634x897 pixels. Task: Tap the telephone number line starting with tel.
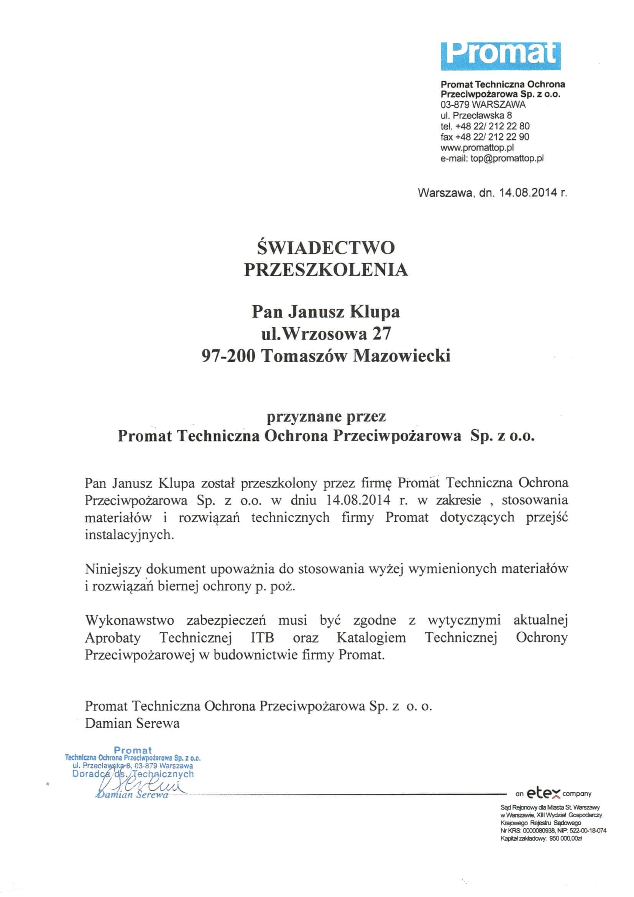pos(485,126)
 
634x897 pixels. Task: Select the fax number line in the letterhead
pos(485,137)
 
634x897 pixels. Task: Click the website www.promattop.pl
pos(477,148)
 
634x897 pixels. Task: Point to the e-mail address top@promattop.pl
pos(507,158)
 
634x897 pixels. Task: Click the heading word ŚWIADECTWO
pos(325,247)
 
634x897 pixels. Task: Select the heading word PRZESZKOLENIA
pos(325,270)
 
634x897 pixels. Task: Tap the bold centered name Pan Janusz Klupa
pos(325,312)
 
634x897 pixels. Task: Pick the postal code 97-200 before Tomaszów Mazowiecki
pos(228,356)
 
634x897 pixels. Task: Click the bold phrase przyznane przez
pos(325,417)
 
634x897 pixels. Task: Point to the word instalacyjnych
pos(129,534)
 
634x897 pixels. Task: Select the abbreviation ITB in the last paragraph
pos(262,638)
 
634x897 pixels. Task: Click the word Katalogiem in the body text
pos(371,638)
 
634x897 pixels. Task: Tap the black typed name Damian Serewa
pos(132,723)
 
